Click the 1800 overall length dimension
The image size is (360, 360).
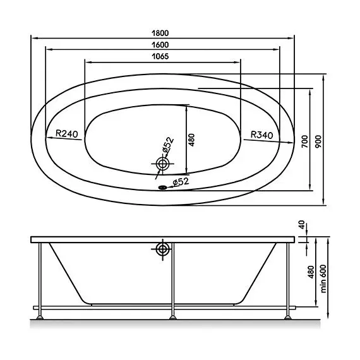[x=160, y=33]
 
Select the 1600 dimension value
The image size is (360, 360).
[x=160, y=45]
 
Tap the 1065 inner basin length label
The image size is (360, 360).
[x=160, y=56]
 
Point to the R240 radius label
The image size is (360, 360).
[x=67, y=133]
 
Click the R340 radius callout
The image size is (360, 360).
[x=261, y=135]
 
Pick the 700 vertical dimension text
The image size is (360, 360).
[x=304, y=141]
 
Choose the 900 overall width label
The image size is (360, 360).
[x=318, y=141]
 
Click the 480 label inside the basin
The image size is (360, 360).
[x=191, y=140]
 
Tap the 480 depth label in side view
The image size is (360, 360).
[x=311, y=272]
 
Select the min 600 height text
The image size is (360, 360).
[x=323, y=279]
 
